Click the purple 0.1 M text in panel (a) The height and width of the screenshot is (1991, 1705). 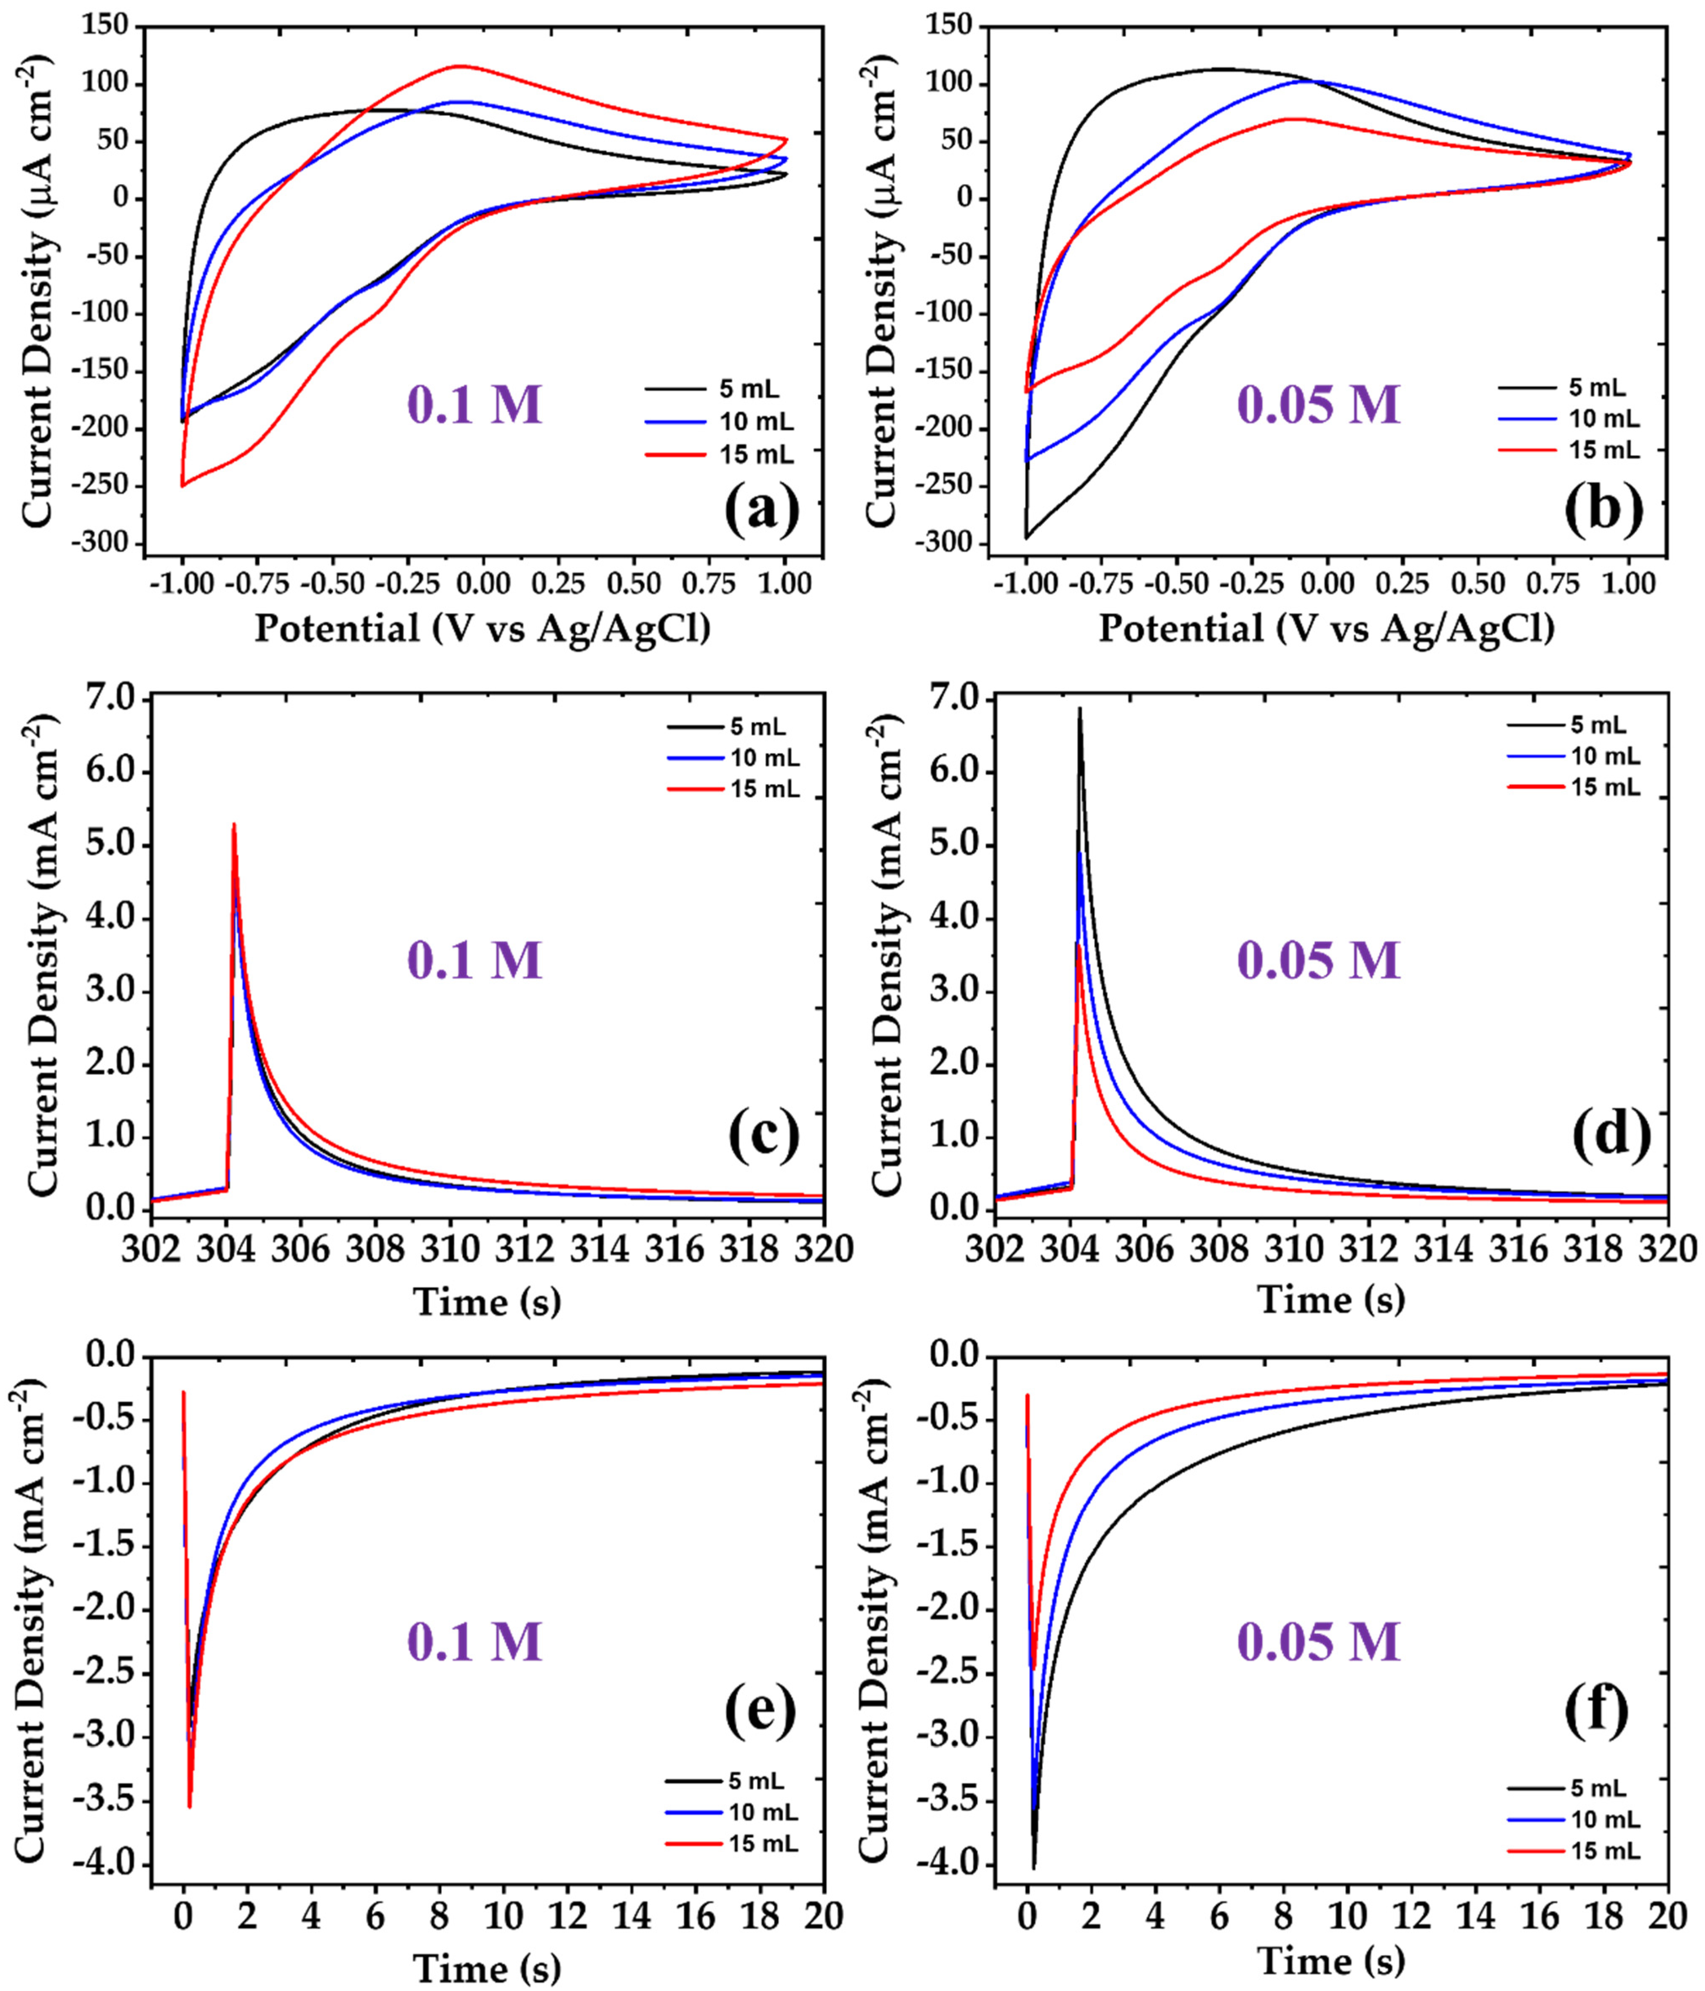tap(476, 405)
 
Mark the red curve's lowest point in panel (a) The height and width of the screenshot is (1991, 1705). tap(182, 485)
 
